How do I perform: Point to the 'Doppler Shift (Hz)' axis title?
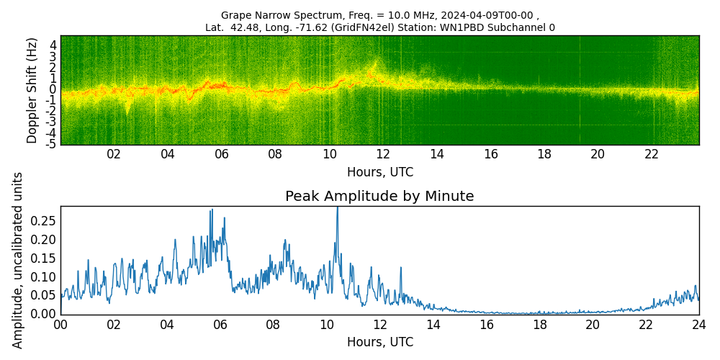coord(32,90)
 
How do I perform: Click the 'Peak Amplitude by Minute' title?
coord(379,197)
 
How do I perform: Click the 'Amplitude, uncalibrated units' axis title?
coord(18,260)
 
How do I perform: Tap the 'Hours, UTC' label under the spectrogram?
coord(379,173)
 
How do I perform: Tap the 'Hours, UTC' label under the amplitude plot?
coord(379,342)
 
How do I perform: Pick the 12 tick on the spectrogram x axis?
coord(383,154)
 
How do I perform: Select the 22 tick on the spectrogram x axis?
coord(652,154)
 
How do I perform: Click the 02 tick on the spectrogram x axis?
coord(114,154)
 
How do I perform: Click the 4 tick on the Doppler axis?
coord(53,45)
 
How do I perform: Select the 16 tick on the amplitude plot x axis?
coord(486,324)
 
